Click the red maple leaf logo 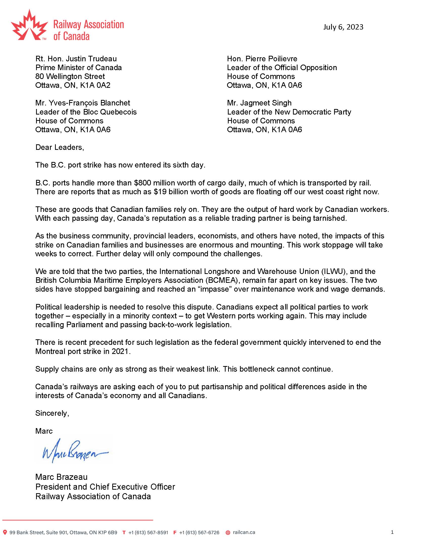coord(29,25)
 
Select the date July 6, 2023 coord(343,27)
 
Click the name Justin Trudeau coord(91,59)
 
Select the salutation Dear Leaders coord(60,147)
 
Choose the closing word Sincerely coord(52,413)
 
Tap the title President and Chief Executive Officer coord(105,487)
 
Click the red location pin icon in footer coord(5,532)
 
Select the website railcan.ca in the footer coord(244,532)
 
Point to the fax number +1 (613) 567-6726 coord(199,533)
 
